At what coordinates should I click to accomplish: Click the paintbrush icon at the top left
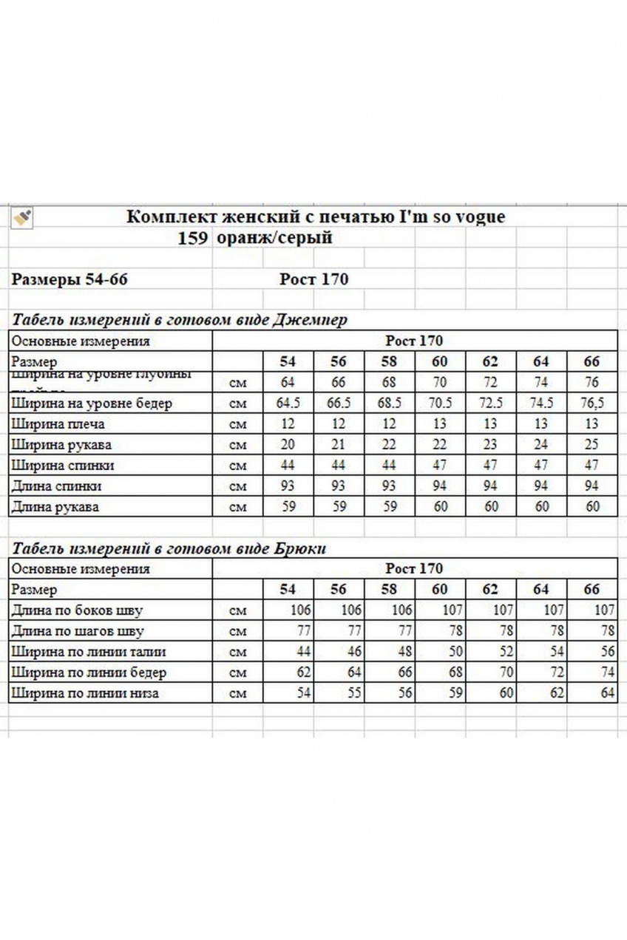pyautogui.click(x=22, y=217)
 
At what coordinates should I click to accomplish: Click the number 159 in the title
pyautogui.click(x=193, y=238)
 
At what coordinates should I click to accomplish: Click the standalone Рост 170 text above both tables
pyautogui.click(x=314, y=279)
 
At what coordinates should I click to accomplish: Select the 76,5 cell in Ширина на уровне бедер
pyautogui.click(x=592, y=403)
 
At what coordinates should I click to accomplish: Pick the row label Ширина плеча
pyautogui.click(x=58, y=424)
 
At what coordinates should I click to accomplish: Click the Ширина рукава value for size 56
pyautogui.click(x=339, y=445)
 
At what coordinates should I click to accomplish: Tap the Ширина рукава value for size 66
pyautogui.click(x=592, y=445)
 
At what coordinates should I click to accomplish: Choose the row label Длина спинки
pyautogui.click(x=57, y=486)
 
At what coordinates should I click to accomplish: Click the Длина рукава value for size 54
pyautogui.click(x=288, y=507)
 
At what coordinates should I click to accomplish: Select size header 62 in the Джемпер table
pyautogui.click(x=490, y=361)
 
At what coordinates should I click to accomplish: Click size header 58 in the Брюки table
pyautogui.click(x=389, y=589)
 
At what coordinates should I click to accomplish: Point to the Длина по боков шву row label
pyautogui.click(x=78, y=610)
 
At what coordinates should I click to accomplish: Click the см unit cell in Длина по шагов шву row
pyautogui.click(x=238, y=631)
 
